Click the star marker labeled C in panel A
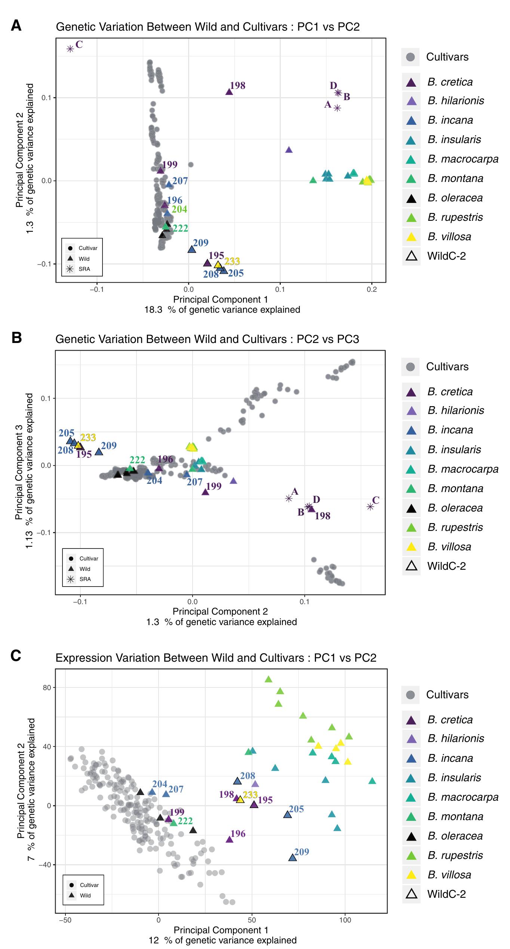[70, 49]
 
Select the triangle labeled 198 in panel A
[229, 92]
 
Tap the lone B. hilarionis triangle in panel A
[289, 150]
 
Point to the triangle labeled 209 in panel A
[191, 249]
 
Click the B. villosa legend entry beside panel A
[449, 237]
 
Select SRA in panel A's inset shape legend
[84, 269]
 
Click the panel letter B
[17, 337]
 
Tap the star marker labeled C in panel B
[370, 507]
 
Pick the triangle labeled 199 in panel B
[205, 492]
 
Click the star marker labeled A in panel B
[289, 498]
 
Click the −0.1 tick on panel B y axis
[45, 532]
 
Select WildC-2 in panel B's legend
[446, 566]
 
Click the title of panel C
[216, 658]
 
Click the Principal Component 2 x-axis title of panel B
[220, 611]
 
